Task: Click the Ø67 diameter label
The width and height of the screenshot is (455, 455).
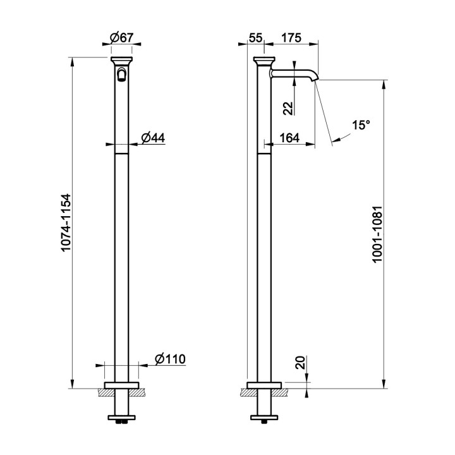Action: click(121, 38)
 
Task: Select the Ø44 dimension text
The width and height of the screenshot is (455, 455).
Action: click(153, 138)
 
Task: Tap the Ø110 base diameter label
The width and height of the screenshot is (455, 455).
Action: click(170, 359)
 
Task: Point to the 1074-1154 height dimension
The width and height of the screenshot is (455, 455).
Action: click(66, 223)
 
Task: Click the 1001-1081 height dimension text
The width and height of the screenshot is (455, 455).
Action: click(378, 234)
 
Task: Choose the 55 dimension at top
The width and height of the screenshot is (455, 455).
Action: click(256, 38)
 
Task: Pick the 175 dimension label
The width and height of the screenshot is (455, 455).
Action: click(291, 38)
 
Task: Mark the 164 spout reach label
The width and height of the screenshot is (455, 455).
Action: click(289, 138)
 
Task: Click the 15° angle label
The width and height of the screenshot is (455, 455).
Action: click(361, 125)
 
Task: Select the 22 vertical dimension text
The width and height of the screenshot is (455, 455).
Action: click(289, 109)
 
